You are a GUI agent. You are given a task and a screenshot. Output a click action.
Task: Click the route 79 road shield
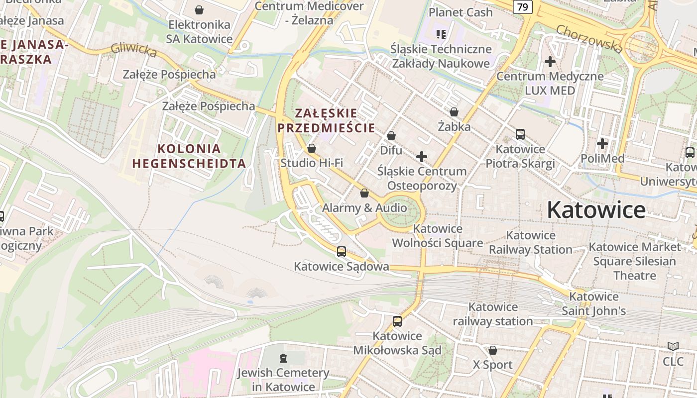click(x=522, y=7)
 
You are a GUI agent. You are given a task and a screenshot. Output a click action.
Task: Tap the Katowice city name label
click(x=596, y=210)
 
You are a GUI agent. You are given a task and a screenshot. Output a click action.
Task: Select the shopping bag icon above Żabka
click(x=454, y=112)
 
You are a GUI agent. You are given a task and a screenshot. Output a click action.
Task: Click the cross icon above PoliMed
click(x=602, y=144)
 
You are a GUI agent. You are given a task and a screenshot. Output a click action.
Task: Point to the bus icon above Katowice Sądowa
click(x=341, y=252)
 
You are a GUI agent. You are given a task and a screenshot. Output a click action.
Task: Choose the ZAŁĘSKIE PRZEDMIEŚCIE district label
click(x=326, y=120)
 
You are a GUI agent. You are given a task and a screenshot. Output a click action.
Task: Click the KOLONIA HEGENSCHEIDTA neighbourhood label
click(x=189, y=156)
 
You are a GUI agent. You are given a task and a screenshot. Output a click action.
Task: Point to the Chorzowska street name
click(x=589, y=38)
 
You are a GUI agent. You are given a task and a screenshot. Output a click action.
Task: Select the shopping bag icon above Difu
click(x=391, y=136)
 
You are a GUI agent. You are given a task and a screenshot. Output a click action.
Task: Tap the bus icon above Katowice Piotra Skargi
click(x=520, y=134)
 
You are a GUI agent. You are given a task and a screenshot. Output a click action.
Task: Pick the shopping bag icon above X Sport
click(x=492, y=351)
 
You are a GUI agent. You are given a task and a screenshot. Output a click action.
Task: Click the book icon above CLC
click(x=673, y=347)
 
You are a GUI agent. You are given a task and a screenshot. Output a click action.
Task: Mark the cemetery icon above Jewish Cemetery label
click(x=283, y=358)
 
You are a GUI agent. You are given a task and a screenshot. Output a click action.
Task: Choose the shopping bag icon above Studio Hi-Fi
click(x=312, y=148)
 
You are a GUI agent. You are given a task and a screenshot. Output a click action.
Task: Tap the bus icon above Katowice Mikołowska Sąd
click(x=397, y=321)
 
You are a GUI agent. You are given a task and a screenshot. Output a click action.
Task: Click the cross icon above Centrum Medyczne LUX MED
click(x=550, y=62)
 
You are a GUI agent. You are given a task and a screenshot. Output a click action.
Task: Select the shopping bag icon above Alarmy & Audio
click(x=364, y=193)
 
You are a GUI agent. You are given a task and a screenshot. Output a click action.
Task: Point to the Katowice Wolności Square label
click(x=438, y=236)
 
